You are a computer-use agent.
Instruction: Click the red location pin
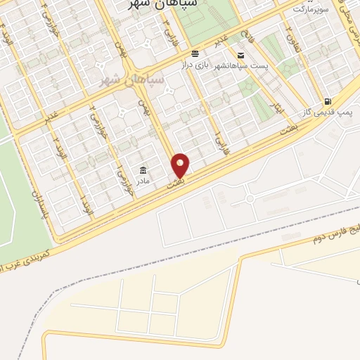pyautogui.click(x=181, y=165)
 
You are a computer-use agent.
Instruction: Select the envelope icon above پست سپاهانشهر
pyautogui.click(x=241, y=55)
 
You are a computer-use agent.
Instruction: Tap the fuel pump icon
pyautogui.click(x=328, y=102)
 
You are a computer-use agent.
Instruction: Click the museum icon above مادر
pyautogui.click(x=143, y=169)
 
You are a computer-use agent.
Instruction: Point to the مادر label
pyautogui.click(x=143, y=180)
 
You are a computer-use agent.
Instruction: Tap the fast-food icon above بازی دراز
pyautogui.click(x=195, y=53)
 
